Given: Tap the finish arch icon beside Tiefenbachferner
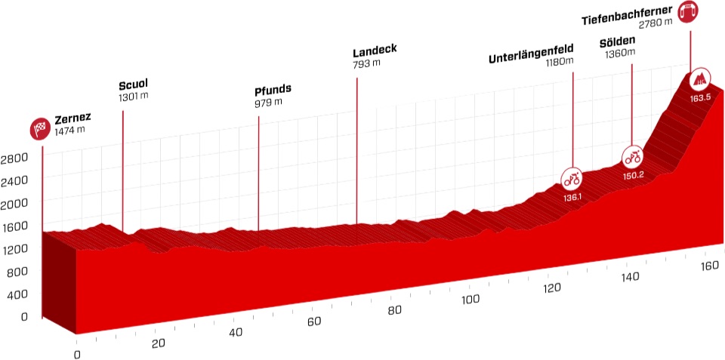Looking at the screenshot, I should pyautogui.click(x=687, y=11).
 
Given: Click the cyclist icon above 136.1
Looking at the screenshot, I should pyautogui.click(x=572, y=180).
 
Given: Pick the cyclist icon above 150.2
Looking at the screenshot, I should pyautogui.click(x=633, y=158).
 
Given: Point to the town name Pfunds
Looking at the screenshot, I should pyautogui.click(x=273, y=90).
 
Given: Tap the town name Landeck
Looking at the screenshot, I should pyautogui.click(x=375, y=52).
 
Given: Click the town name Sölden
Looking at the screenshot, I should pyautogui.click(x=617, y=42).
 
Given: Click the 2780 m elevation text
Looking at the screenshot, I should pyautogui.click(x=655, y=23).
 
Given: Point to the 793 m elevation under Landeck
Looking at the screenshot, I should pyautogui.click(x=366, y=64).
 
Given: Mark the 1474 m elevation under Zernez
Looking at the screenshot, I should pyautogui.click(x=69, y=131).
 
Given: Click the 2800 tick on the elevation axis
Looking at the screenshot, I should pyautogui.click(x=14, y=158).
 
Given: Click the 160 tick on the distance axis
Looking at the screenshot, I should pyautogui.click(x=708, y=266).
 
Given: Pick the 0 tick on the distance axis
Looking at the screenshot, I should pyautogui.click(x=76, y=354).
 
